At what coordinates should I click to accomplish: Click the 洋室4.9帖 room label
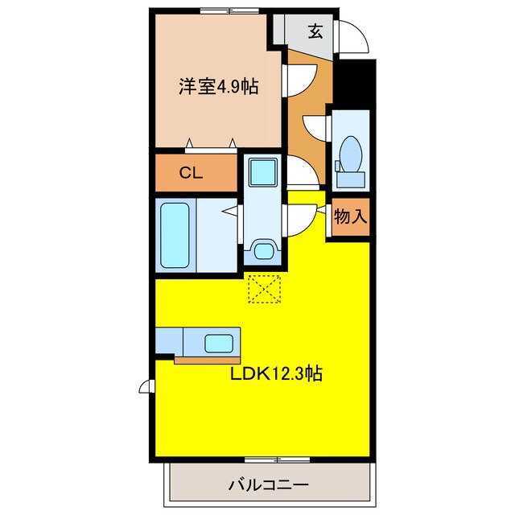(x=218, y=86)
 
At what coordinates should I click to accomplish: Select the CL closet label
(x=190, y=171)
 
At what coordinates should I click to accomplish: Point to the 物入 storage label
(x=350, y=216)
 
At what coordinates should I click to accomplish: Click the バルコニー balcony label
(x=269, y=485)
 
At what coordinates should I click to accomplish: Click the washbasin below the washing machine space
(x=262, y=250)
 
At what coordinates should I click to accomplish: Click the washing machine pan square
(x=262, y=173)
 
